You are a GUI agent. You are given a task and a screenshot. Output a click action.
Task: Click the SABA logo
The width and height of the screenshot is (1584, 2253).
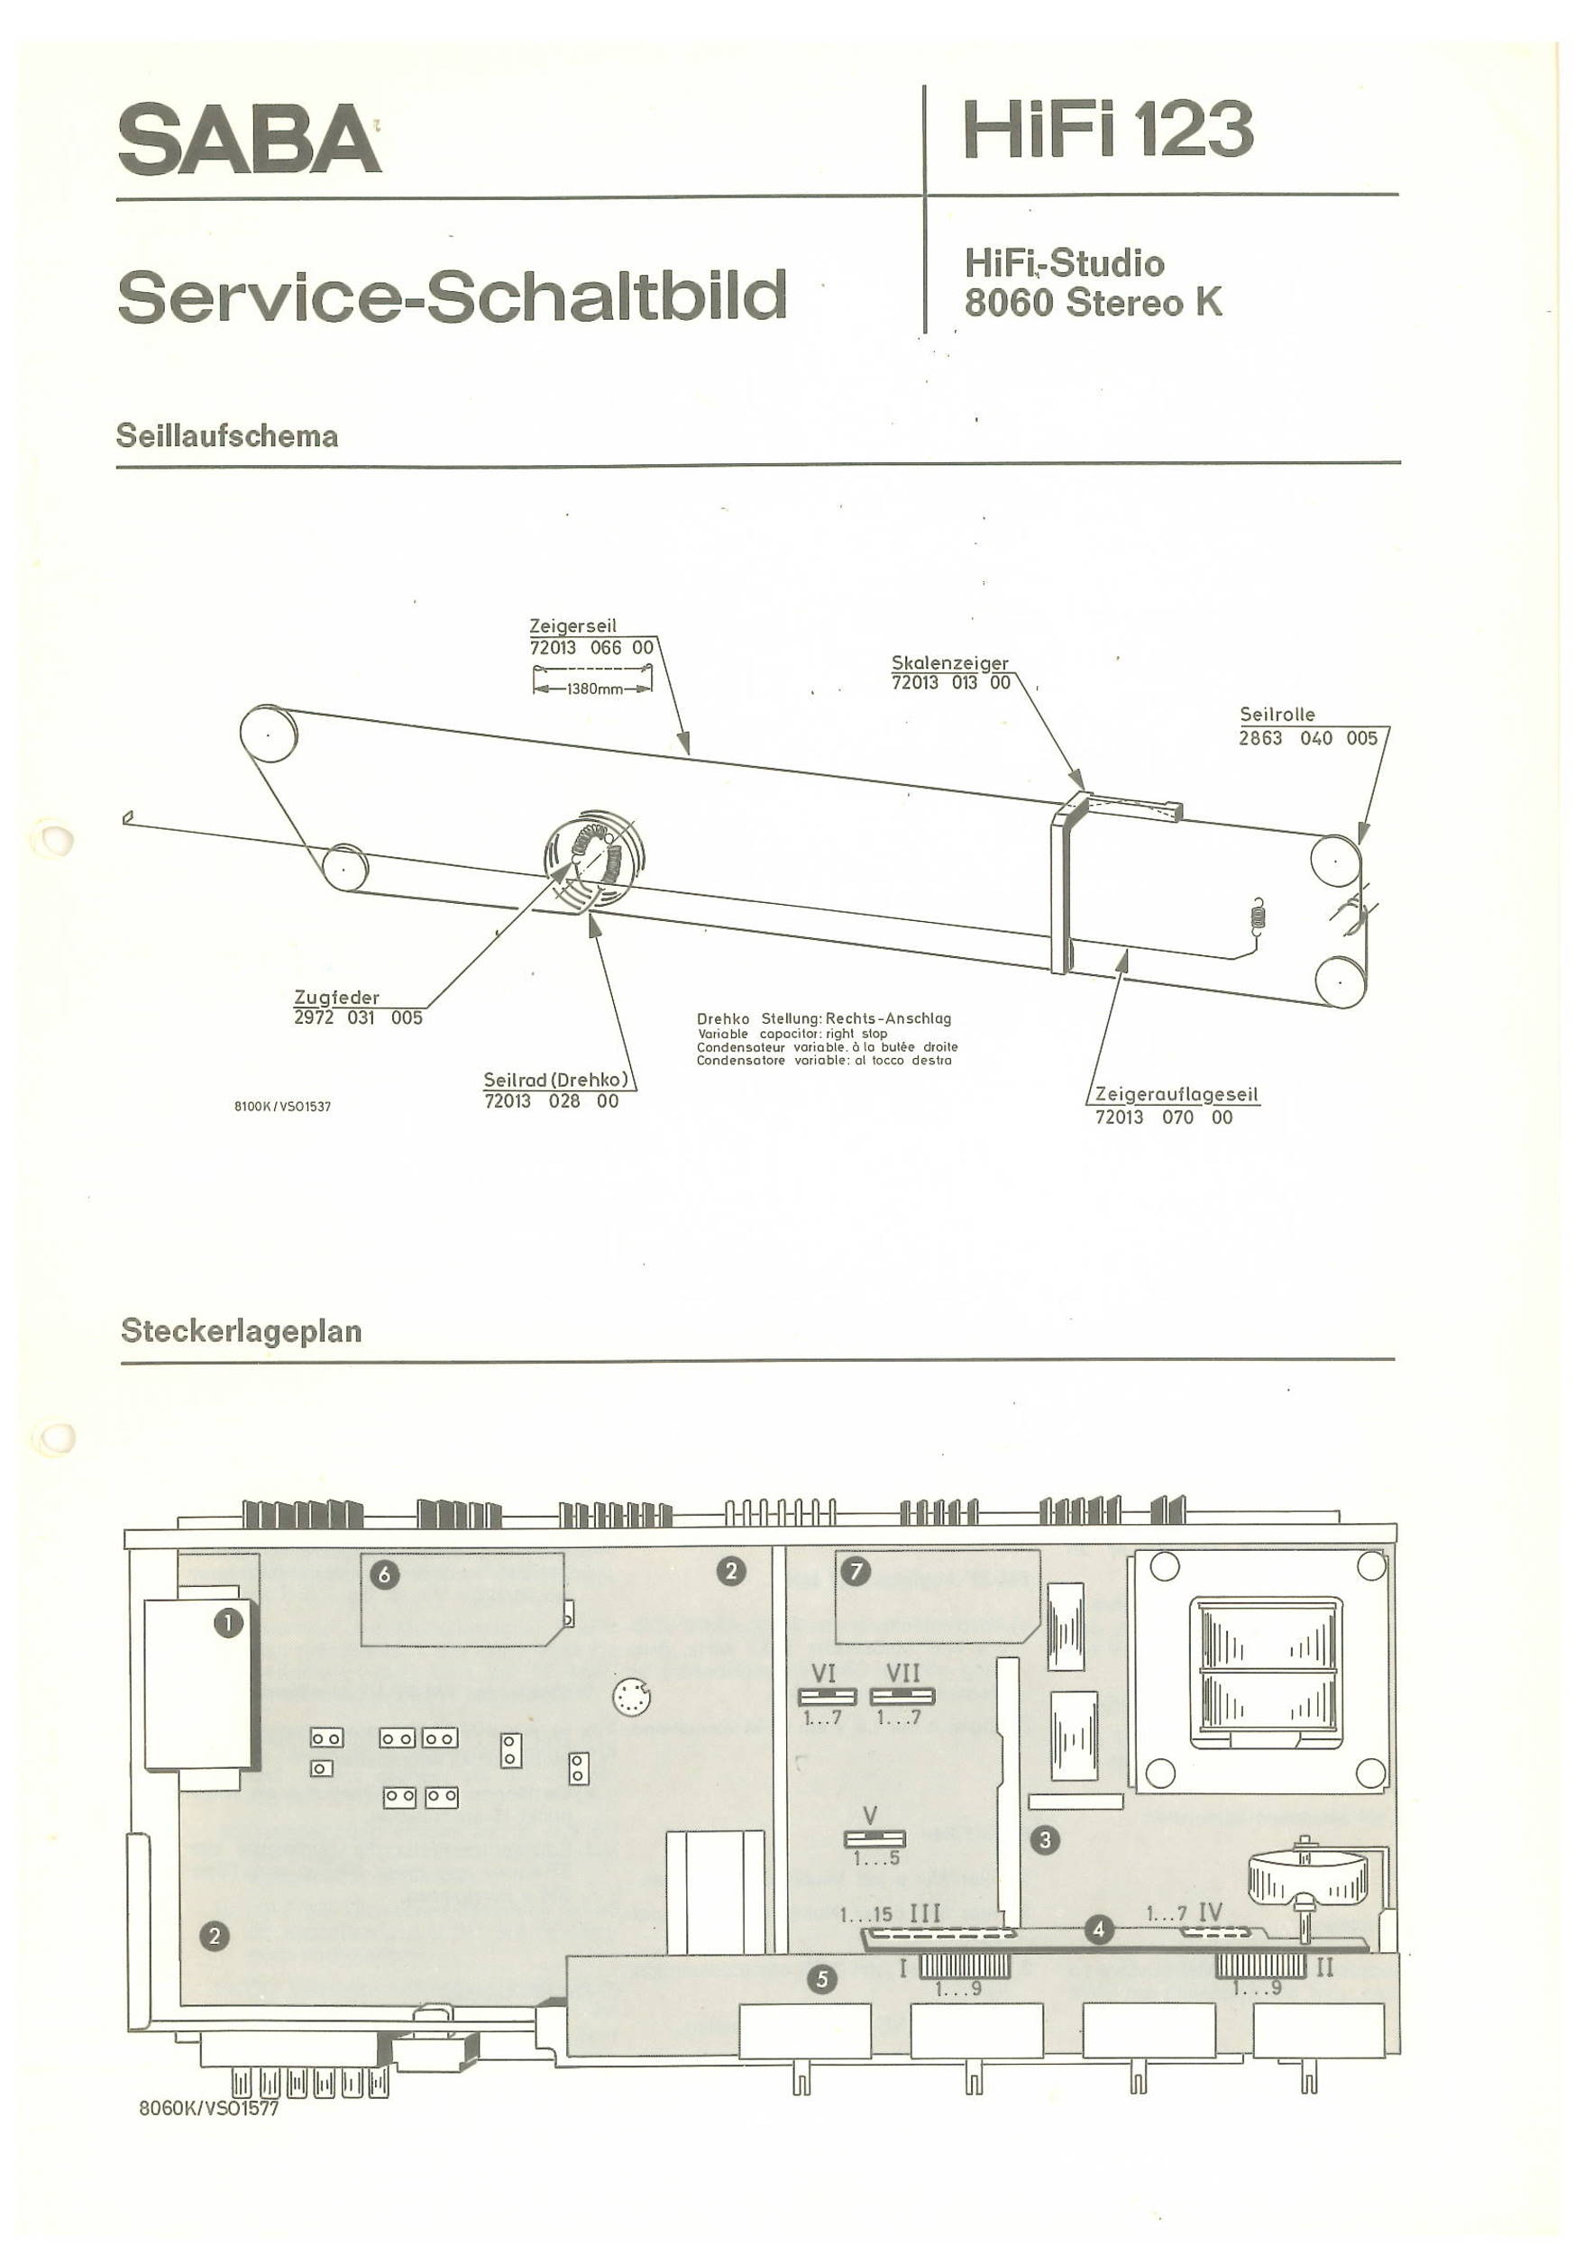[x=250, y=140]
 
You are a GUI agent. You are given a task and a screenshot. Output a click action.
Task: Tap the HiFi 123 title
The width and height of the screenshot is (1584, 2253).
[x=1108, y=129]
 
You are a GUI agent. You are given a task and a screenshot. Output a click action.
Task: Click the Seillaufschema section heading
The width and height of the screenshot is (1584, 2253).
[x=226, y=435]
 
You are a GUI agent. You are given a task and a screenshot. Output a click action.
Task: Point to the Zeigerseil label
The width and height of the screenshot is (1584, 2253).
[x=573, y=626]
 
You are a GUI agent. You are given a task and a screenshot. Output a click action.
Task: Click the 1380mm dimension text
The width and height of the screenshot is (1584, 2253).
[x=595, y=689]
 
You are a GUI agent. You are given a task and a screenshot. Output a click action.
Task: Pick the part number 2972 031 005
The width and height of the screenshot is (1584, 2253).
[x=358, y=1017]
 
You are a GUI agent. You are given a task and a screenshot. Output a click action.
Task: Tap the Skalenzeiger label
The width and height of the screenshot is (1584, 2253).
[x=950, y=663]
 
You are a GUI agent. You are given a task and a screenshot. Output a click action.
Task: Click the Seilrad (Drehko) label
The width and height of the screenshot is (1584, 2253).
[x=555, y=1080]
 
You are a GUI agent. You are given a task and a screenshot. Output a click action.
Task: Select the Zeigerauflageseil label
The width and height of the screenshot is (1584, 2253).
[x=1177, y=1094]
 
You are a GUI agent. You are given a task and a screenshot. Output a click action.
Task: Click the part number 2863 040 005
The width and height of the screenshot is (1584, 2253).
[x=1308, y=738]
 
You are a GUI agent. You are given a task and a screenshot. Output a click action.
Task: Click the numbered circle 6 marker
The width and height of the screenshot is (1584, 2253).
[x=385, y=1575]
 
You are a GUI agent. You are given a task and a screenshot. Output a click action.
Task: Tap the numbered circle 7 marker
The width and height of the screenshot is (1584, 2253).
[x=856, y=1572]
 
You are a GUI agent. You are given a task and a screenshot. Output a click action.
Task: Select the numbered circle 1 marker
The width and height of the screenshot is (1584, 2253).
[x=229, y=1623]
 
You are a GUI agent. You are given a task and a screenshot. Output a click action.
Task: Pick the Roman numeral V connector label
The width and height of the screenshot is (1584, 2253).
[x=869, y=1815]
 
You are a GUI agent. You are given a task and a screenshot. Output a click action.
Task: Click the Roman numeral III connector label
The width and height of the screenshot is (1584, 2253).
[x=926, y=1913]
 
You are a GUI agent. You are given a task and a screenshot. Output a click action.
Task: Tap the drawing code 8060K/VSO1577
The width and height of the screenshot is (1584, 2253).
[x=209, y=2108]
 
